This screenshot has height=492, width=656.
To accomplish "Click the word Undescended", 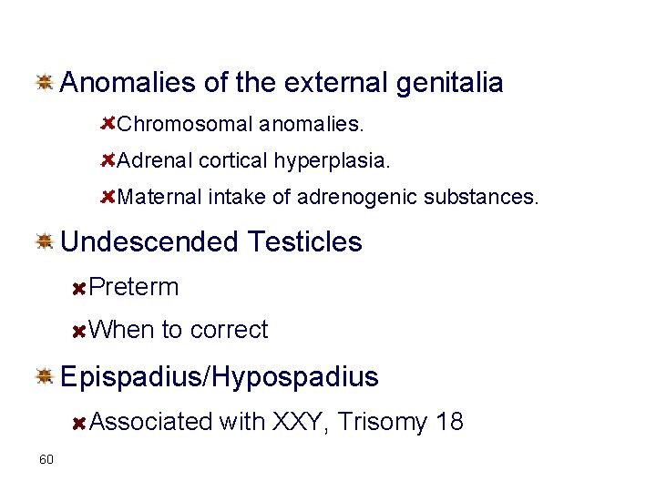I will point(150,242).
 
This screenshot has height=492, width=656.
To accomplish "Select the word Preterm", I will point(135,288).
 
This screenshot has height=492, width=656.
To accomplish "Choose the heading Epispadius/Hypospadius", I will point(219,376).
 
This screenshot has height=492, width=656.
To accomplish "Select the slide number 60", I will point(46,458).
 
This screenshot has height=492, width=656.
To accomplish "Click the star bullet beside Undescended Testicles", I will point(43,241).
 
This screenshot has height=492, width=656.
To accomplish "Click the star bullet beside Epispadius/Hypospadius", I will point(43,375).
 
